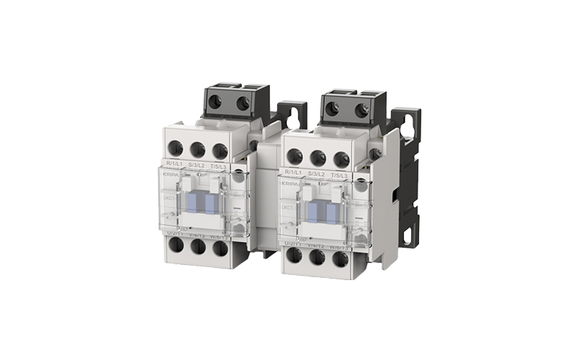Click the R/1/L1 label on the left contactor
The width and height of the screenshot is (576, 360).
coord(174,166)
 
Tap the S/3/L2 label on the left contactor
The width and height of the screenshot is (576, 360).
coord(197,166)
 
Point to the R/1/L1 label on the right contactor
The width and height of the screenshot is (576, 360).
coord(294,172)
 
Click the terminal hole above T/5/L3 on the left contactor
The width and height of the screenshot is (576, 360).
coord(220,150)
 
